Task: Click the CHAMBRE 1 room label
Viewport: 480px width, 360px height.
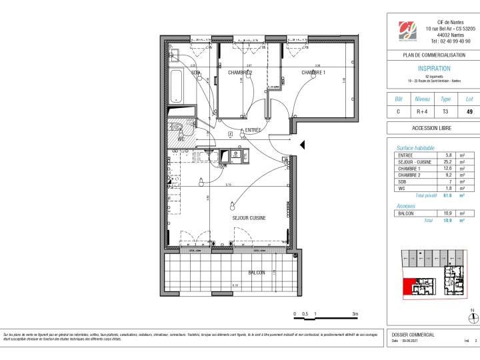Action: pyautogui.click(x=313, y=72)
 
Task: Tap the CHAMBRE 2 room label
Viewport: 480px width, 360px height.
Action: pyautogui.click(x=239, y=72)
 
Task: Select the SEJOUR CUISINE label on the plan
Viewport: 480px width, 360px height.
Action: pyautogui.click(x=249, y=218)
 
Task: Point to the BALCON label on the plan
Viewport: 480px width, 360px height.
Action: pyautogui.click(x=257, y=272)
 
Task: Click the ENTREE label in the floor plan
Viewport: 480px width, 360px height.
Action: pyautogui.click(x=253, y=130)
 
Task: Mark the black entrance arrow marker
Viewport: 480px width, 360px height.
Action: pyautogui.click(x=302, y=145)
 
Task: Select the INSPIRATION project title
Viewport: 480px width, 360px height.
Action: pyautogui.click(x=434, y=68)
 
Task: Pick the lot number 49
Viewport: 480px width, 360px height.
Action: pyautogui.click(x=469, y=111)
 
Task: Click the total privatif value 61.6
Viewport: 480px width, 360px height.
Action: pyautogui.click(x=449, y=196)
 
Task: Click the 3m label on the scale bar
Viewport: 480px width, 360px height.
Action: pyautogui.click(x=355, y=313)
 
